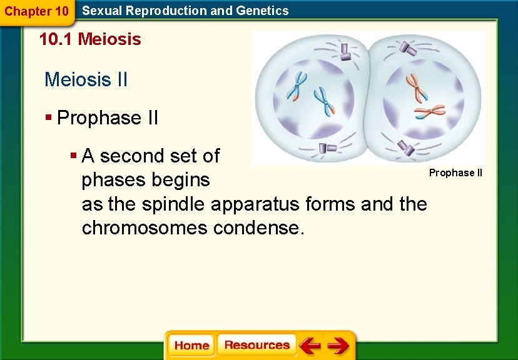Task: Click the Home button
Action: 191,346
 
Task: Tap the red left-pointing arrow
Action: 310,346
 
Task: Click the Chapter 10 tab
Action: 36,11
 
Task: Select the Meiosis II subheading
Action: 86,80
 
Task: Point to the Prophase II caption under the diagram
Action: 455,172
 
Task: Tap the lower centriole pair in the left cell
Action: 324,148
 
